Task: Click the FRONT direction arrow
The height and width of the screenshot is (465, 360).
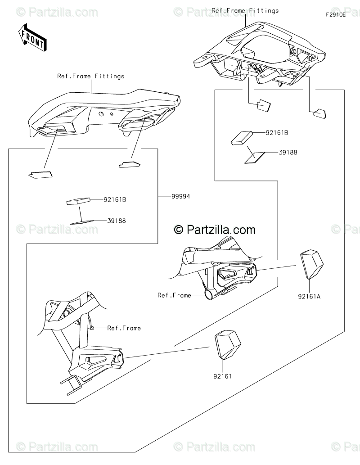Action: tap(31, 37)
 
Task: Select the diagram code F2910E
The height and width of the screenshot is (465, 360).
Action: tap(336, 14)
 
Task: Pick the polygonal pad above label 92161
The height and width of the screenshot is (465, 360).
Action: tap(227, 344)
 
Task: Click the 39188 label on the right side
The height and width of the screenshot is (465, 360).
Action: tap(288, 153)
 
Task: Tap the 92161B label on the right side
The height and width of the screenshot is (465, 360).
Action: tap(277, 133)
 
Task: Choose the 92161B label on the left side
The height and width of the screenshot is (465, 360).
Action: tap(115, 199)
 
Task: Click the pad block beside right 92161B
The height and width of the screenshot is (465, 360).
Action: tap(243, 138)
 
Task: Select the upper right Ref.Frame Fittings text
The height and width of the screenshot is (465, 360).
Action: tap(245, 10)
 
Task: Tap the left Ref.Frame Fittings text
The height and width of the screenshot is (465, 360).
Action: tap(90, 76)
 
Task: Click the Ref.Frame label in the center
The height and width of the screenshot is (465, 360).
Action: tap(174, 295)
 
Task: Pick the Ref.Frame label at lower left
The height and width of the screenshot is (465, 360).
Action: tap(124, 328)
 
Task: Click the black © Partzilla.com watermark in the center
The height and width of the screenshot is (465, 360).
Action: tap(215, 230)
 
